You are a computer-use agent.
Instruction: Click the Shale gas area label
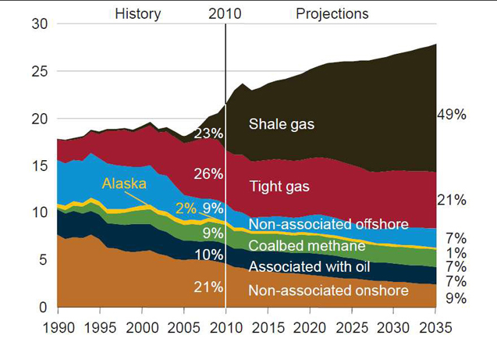click(x=281, y=123)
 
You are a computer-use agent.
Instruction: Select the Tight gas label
click(x=279, y=187)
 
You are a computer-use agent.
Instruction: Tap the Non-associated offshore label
click(x=328, y=225)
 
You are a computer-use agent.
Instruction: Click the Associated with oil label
click(x=308, y=267)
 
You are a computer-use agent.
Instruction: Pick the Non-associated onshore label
click(x=328, y=290)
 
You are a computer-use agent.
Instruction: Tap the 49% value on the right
click(x=451, y=115)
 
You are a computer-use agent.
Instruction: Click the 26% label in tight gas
click(x=208, y=173)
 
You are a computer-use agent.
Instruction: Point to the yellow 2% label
click(x=186, y=209)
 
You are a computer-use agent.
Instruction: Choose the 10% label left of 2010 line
click(x=208, y=255)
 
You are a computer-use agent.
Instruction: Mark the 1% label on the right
click(x=456, y=253)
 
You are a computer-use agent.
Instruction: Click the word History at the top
click(x=137, y=13)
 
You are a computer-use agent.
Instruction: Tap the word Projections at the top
click(x=332, y=13)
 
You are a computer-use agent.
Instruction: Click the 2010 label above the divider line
click(x=225, y=13)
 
